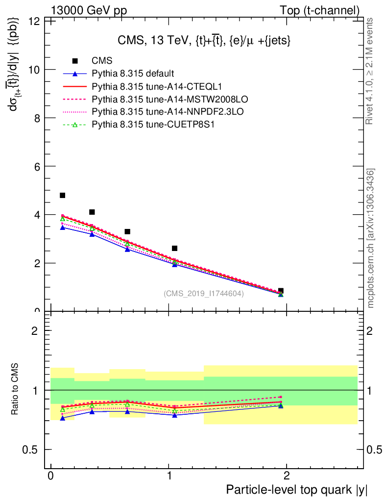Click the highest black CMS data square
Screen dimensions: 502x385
click(x=62, y=196)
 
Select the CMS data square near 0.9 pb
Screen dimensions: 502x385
click(x=281, y=291)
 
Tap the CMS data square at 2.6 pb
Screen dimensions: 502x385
click(x=174, y=249)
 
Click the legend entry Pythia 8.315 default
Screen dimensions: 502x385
click(x=133, y=74)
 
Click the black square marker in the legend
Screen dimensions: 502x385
click(x=75, y=61)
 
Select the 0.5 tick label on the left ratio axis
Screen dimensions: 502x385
click(x=33, y=450)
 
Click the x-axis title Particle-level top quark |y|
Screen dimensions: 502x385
click(x=296, y=490)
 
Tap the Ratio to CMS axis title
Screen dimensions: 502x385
click(x=15, y=390)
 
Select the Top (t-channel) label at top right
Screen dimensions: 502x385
click(x=319, y=10)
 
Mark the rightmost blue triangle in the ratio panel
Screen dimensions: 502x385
click(x=281, y=406)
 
